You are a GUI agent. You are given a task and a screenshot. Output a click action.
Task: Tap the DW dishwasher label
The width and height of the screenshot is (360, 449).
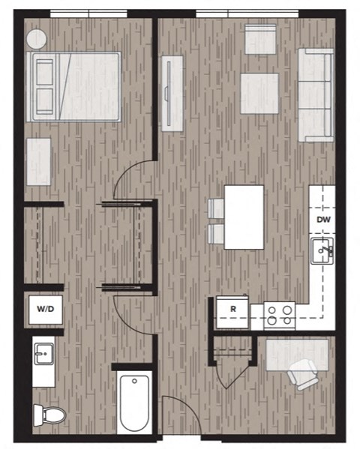[323, 220]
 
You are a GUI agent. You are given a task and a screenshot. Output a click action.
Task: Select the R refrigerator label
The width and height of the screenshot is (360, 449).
[233, 308]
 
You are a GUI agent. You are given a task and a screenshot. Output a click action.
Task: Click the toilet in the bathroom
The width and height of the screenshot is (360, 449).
[48, 413]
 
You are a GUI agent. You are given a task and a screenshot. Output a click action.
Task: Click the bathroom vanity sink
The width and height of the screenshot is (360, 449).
[43, 352]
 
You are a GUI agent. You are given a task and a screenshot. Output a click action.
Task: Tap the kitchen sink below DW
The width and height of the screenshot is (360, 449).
[323, 251]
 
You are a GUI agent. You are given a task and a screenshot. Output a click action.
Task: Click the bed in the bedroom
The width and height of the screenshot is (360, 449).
[75, 86]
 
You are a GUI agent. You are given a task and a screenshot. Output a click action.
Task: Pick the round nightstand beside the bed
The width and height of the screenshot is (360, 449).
[37, 38]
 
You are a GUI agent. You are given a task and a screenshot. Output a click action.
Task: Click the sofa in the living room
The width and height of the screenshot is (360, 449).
[316, 95]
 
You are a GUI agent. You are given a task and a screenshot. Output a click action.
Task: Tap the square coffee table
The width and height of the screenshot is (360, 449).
[259, 93]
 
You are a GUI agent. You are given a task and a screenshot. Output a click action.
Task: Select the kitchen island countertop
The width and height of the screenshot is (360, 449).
[244, 217]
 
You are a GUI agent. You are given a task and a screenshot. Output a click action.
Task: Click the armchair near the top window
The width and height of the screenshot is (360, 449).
[260, 39]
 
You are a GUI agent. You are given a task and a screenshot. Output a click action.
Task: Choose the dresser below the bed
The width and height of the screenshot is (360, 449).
[38, 162]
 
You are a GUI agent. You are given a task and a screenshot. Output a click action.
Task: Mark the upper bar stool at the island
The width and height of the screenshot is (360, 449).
[215, 209]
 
